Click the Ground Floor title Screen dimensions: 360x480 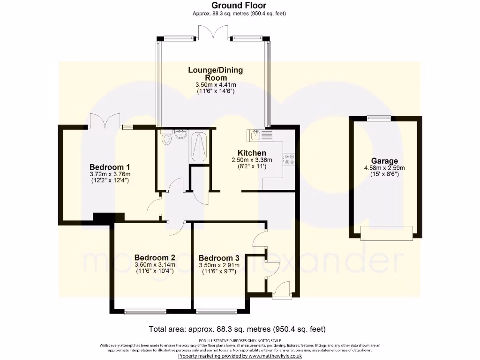pyautogui.click(x=239, y=6)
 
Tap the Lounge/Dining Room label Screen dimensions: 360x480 pyautogui.click(x=216, y=74)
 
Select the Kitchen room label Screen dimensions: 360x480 pyautogui.click(x=252, y=153)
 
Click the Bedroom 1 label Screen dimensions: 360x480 pyautogui.click(x=110, y=167)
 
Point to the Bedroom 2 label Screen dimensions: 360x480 pyautogui.click(x=155, y=257)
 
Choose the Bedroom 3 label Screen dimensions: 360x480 pyautogui.click(x=219, y=258)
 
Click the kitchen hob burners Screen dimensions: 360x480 pyautogui.click(x=288, y=159)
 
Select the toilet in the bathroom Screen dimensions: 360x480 pyautogui.click(x=166, y=138)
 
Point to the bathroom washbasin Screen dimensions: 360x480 pyautogui.click(x=180, y=135)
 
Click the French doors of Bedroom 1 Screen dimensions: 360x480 pyautogui.click(x=105, y=121)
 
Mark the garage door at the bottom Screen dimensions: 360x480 pyautogui.click(x=387, y=232)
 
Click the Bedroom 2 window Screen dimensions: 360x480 pyautogui.click(x=145, y=311)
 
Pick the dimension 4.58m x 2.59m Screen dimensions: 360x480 pyautogui.click(x=384, y=168)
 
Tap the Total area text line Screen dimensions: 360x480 pyautogui.click(x=237, y=329)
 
